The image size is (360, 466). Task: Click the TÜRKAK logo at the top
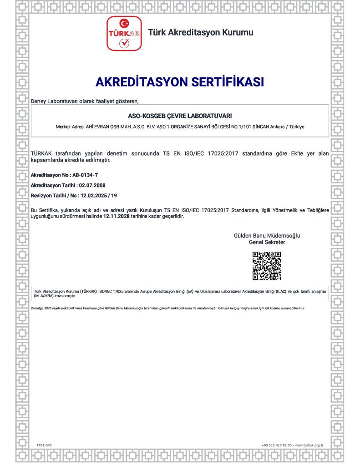click(x=124, y=33)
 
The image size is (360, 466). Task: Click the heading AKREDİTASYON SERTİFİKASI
click(x=180, y=82)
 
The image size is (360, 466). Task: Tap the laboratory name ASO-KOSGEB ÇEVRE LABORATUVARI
click(x=180, y=116)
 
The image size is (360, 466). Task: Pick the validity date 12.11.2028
click(x=117, y=216)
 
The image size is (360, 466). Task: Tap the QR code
click(x=267, y=266)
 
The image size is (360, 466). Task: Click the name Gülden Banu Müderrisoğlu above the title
click(x=267, y=236)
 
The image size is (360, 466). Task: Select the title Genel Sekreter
click(x=267, y=243)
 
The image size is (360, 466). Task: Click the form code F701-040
click(x=44, y=445)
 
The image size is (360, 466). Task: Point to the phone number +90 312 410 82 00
click(x=277, y=445)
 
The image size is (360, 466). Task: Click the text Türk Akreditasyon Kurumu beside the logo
click(x=201, y=32)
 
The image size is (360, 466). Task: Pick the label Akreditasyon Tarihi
click(x=53, y=185)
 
